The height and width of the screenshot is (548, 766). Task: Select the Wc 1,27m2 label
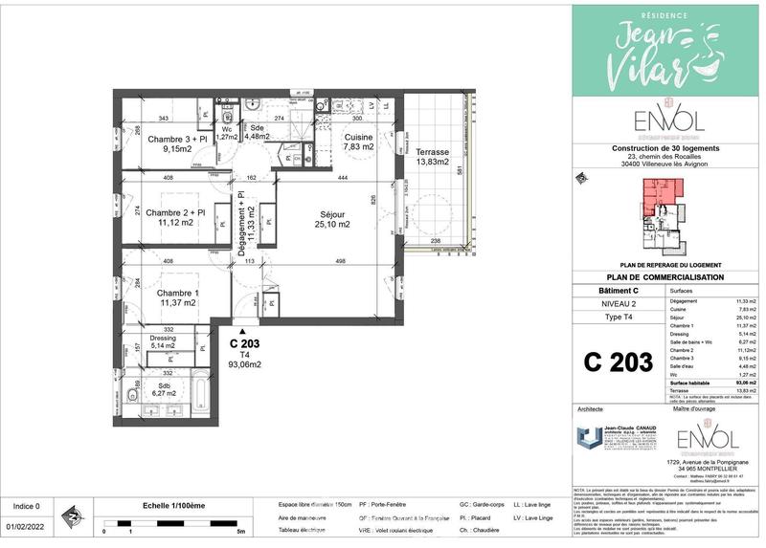click(228, 133)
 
